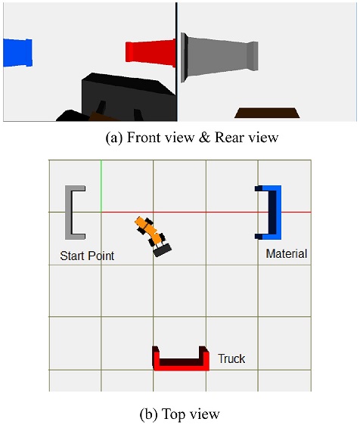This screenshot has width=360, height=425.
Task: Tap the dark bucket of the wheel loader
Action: pos(162,250)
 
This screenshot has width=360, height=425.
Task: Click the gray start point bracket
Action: pos(69,212)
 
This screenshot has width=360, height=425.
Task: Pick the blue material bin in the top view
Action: pos(277,212)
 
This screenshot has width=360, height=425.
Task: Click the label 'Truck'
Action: pos(231,358)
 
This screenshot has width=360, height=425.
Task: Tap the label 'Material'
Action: pos(287,253)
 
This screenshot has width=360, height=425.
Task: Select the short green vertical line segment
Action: pos(101,186)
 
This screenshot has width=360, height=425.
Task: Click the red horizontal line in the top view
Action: pos(206,212)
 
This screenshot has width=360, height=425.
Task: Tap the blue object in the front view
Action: pos(17,53)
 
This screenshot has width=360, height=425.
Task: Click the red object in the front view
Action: pos(151,53)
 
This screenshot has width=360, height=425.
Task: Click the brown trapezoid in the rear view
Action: pos(267,113)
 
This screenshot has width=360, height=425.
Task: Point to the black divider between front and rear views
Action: pos(176,62)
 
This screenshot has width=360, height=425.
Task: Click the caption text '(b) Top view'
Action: pos(180,414)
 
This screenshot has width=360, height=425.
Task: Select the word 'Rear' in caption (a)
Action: pos(228,137)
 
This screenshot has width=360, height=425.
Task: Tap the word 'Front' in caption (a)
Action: pos(143,137)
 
